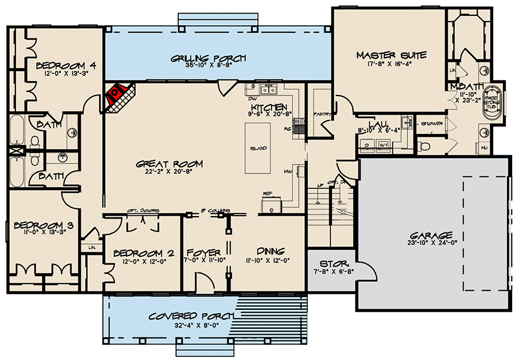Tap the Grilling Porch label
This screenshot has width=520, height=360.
click(x=208, y=58)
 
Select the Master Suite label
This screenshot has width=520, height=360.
click(x=391, y=56)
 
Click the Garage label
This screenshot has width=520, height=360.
click(x=432, y=235)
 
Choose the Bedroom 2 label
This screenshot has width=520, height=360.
click(x=139, y=253)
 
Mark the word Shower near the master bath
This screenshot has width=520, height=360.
click(x=431, y=124)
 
